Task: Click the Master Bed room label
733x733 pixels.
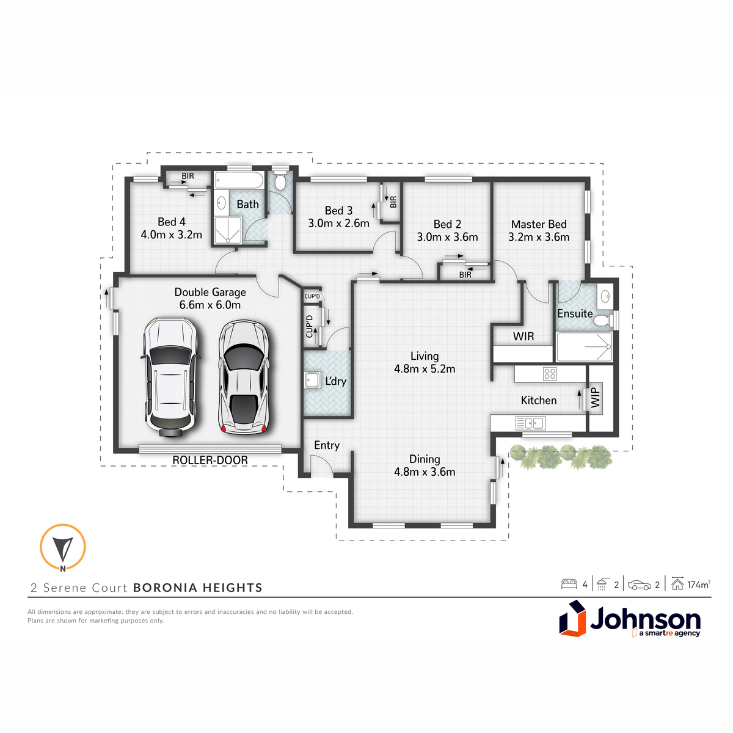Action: [x=539, y=224]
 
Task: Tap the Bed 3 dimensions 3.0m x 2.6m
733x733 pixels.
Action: [x=338, y=224]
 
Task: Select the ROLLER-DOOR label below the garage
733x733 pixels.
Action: [x=210, y=461]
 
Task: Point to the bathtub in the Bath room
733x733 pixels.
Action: [x=239, y=180]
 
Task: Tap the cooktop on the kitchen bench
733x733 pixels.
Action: [x=550, y=374]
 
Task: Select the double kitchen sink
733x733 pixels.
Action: [x=531, y=423]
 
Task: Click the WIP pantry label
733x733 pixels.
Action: [x=596, y=398]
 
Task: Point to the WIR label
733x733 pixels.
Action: [x=523, y=336]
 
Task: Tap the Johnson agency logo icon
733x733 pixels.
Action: [x=572, y=619]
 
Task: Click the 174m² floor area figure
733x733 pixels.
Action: [x=699, y=585]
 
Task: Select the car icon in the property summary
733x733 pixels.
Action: [x=639, y=585]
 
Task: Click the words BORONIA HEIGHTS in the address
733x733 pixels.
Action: [x=198, y=588]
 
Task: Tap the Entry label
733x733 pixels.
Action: [x=327, y=445]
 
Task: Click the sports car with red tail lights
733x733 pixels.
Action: [x=244, y=377]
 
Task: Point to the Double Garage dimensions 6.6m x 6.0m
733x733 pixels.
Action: [x=210, y=305]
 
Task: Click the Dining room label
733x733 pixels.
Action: [x=425, y=459]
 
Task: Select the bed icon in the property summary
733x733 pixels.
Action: [x=569, y=585]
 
